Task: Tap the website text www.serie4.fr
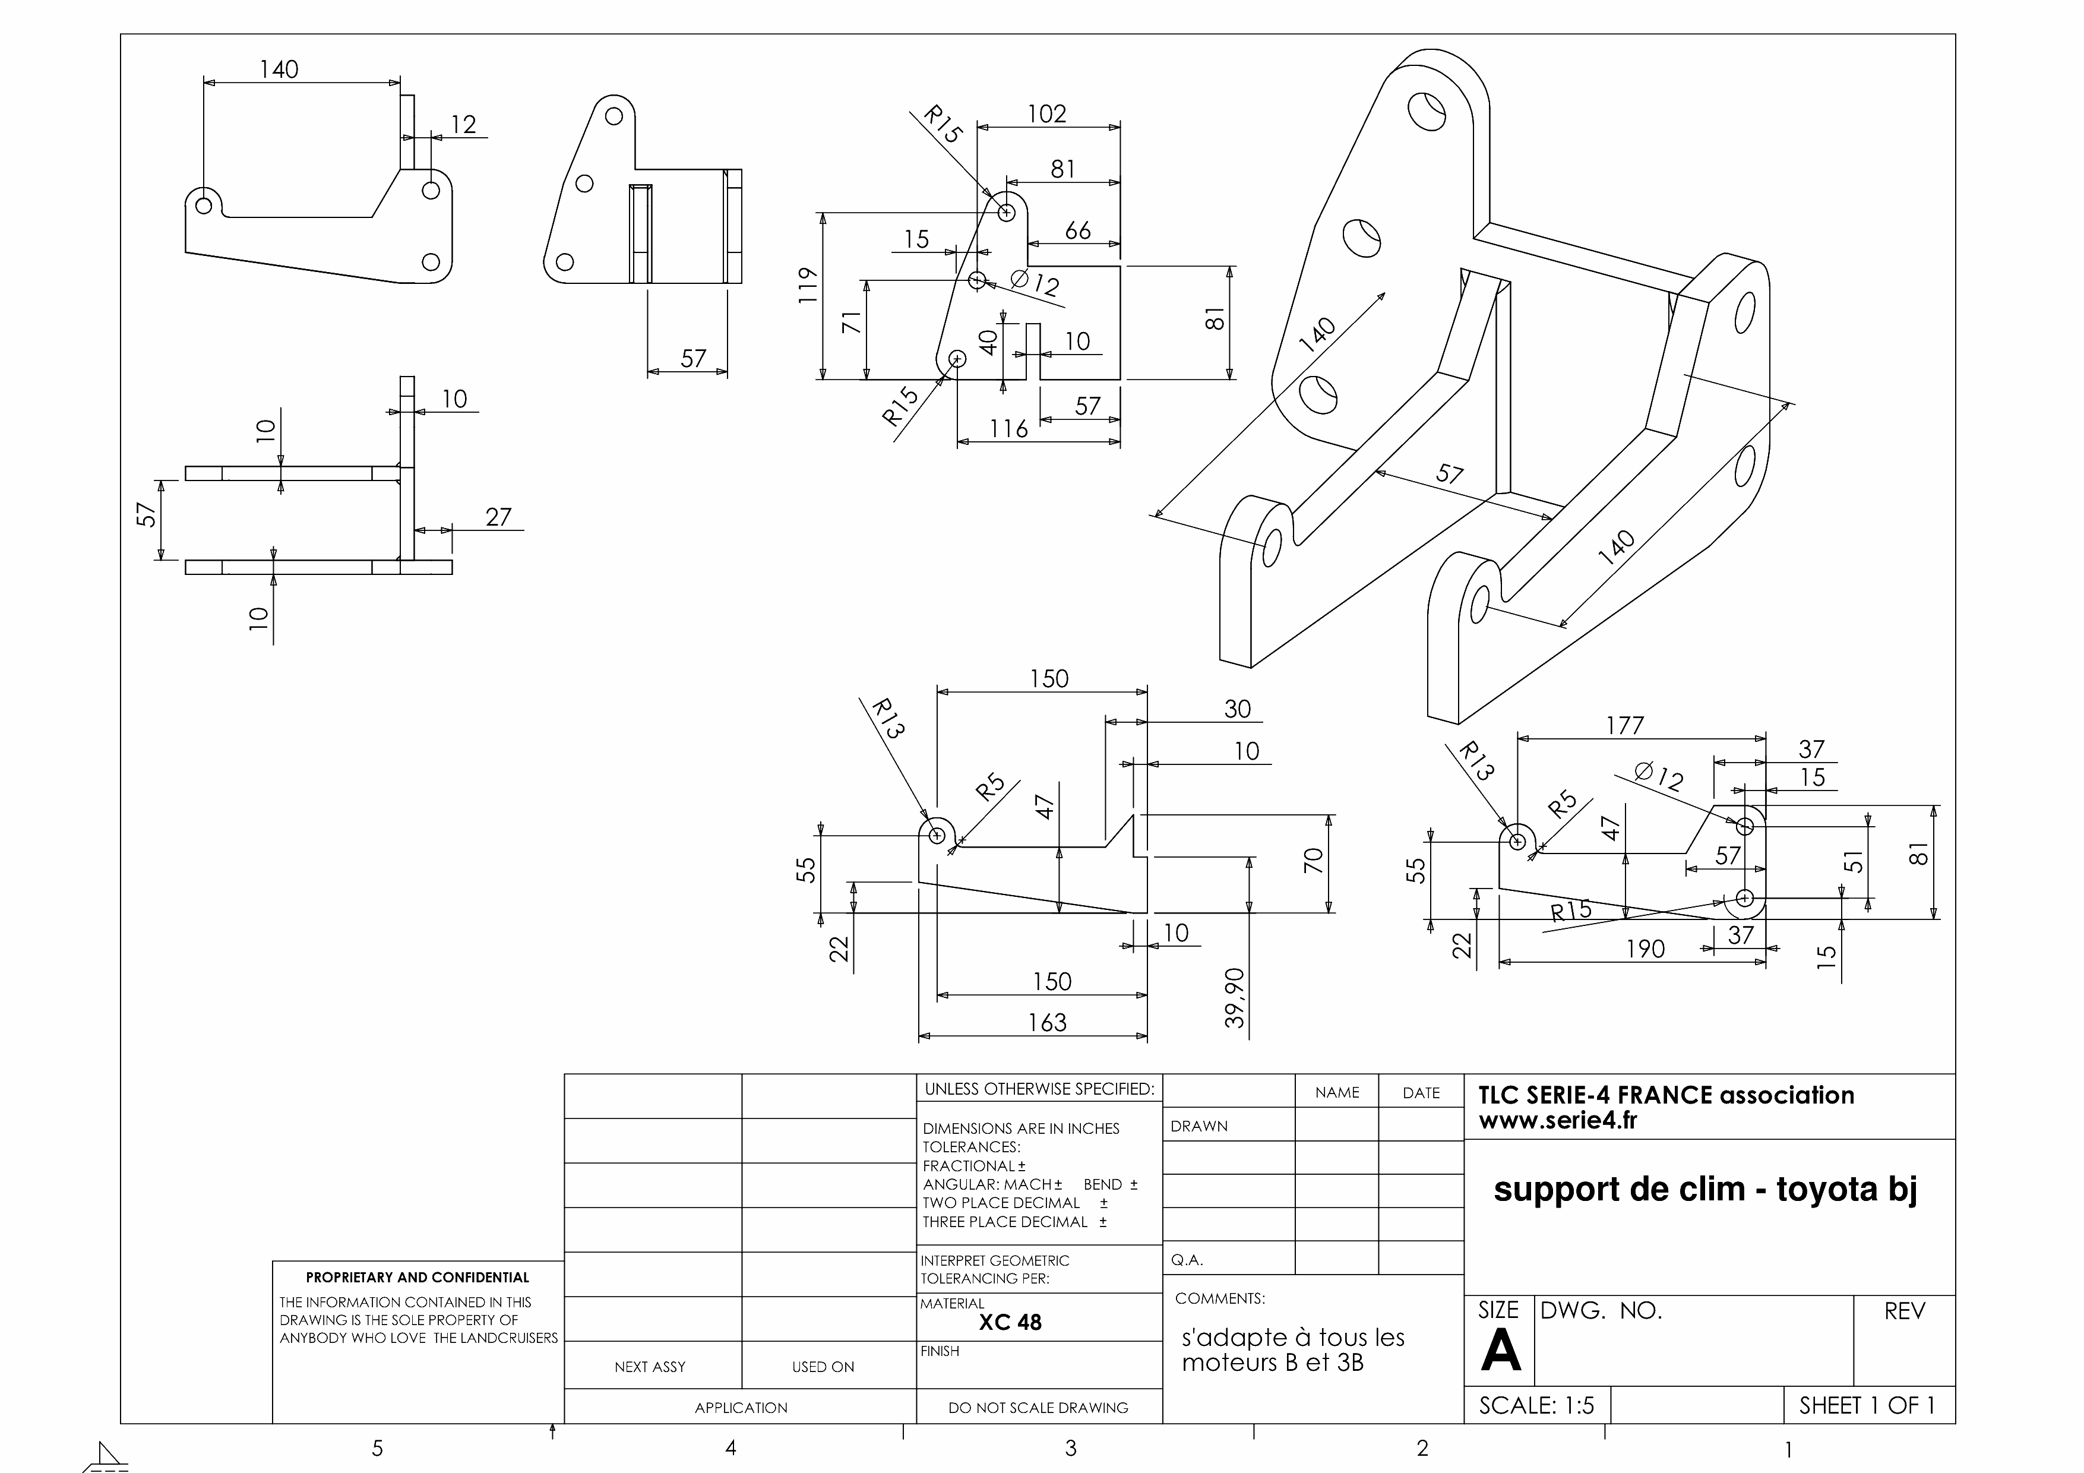coord(1558,1121)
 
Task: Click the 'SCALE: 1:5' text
coord(1536,1406)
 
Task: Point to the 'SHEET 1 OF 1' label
coord(1867,1406)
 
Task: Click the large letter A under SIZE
coord(1500,1351)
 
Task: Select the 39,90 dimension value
coord(1235,997)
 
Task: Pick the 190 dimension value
coord(1645,949)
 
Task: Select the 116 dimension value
coord(1008,428)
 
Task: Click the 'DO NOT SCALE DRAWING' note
coord(1038,1408)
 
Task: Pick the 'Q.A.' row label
coord(1187,1260)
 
